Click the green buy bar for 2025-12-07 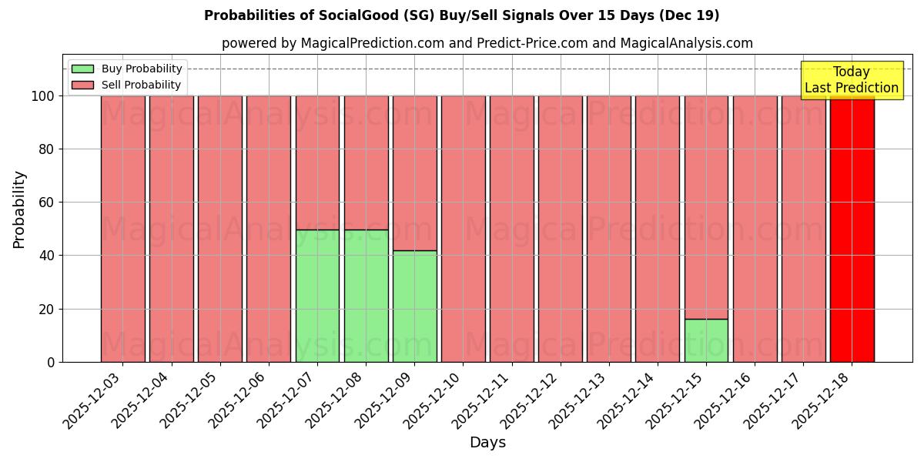click(x=317, y=296)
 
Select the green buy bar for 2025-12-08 click(x=366, y=296)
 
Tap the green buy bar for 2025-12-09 click(x=414, y=306)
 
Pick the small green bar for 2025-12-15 click(x=706, y=340)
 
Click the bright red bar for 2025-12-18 click(x=852, y=231)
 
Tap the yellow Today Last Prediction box click(x=852, y=80)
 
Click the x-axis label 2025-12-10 click(x=432, y=400)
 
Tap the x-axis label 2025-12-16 click(x=723, y=400)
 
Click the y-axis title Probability click(x=19, y=209)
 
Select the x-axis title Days click(x=487, y=442)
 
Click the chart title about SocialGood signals click(x=461, y=15)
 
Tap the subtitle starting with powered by click(x=487, y=43)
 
